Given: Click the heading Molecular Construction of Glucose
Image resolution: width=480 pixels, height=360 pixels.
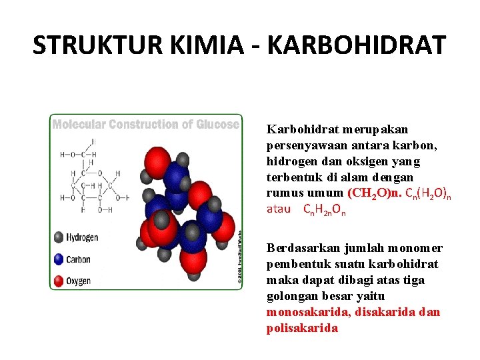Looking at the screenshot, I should tap(145, 125).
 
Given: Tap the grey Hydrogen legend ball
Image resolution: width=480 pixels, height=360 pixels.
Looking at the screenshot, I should tap(59, 237).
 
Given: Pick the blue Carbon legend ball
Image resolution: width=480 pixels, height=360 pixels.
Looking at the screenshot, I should tap(59, 259).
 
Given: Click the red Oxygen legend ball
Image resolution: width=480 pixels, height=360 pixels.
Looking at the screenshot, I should tap(59, 281).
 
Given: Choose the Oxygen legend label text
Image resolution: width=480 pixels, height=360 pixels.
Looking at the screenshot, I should tap(79, 281).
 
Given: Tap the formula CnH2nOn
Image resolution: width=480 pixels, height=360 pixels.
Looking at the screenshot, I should tap(325, 210).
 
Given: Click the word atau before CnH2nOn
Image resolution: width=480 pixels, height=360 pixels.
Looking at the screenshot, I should tap(279, 209).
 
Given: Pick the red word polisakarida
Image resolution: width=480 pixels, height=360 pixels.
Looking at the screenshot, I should tap(302, 328).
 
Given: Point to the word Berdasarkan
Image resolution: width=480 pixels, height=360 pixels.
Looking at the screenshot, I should tap(300, 248).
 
